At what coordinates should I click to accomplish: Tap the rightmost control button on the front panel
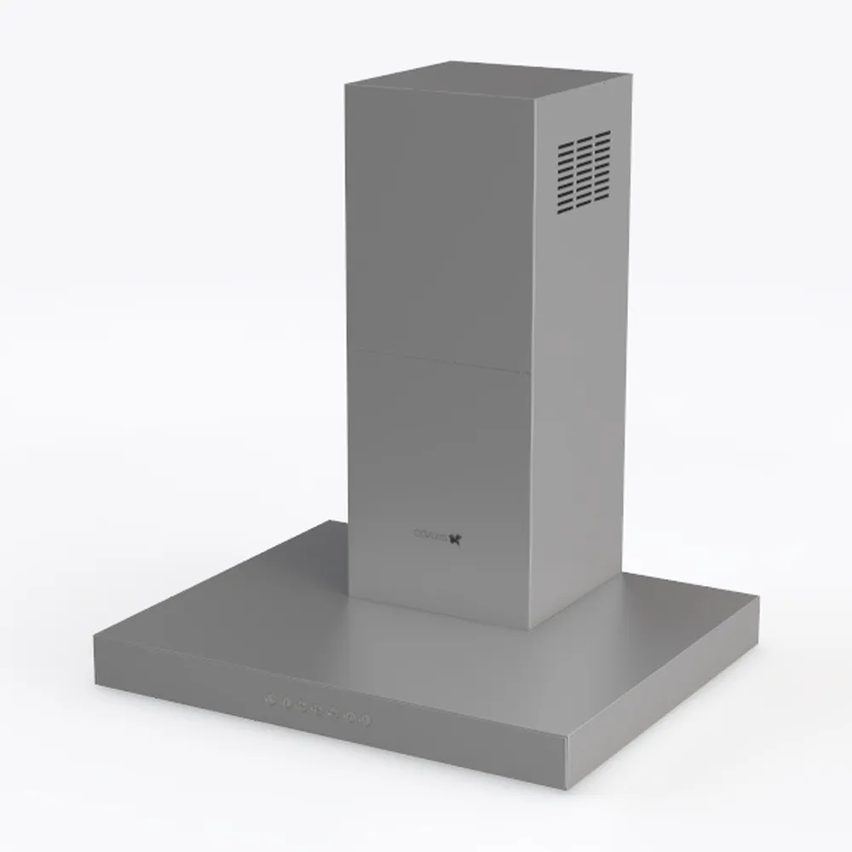tap(367, 722)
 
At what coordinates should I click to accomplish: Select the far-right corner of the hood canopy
tap(757, 598)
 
